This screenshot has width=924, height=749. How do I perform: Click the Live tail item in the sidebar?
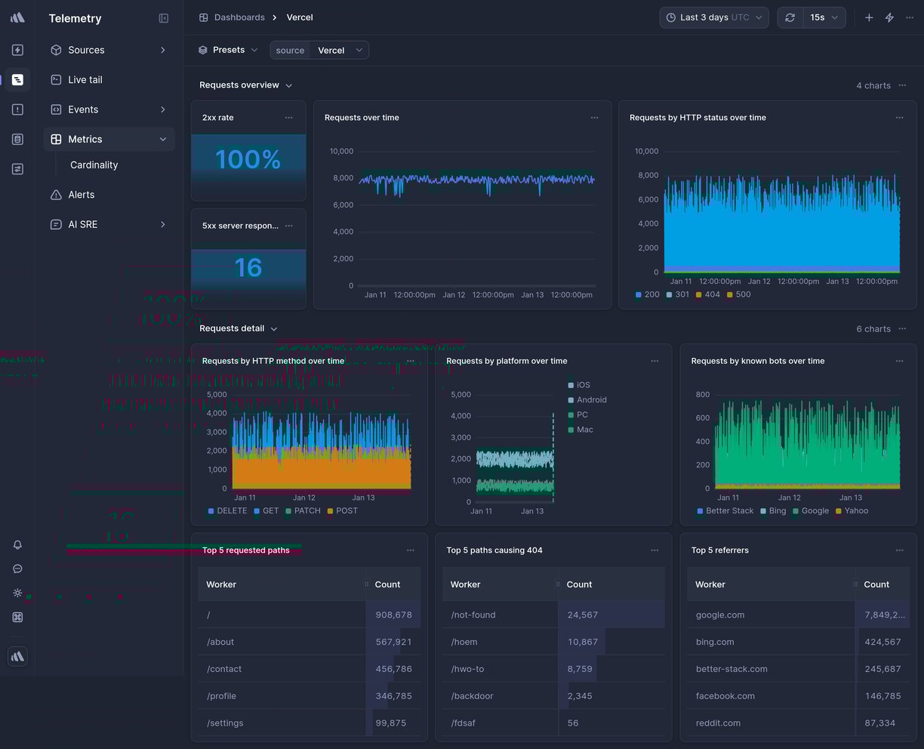pyautogui.click(x=85, y=79)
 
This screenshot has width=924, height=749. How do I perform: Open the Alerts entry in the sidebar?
pyautogui.click(x=81, y=195)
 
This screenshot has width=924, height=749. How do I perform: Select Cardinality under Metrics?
pyautogui.click(x=94, y=165)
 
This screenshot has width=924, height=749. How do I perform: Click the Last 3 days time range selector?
pyautogui.click(x=713, y=17)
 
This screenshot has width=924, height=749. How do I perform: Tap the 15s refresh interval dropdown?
pyautogui.click(x=824, y=17)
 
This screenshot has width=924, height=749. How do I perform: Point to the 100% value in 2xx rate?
pyautogui.click(x=248, y=159)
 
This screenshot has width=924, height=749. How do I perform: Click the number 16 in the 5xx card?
pyautogui.click(x=248, y=267)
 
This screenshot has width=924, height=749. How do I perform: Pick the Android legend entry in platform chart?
pyautogui.click(x=591, y=400)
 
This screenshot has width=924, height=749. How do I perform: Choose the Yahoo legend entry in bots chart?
pyautogui.click(x=855, y=511)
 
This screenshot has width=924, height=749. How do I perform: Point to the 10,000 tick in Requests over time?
pyautogui.click(x=341, y=151)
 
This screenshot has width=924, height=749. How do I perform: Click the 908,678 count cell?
pyautogui.click(x=393, y=615)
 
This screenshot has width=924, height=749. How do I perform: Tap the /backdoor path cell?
pyautogui.click(x=472, y=696)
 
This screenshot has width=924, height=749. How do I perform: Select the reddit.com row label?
pyautogui.click(x=717, y=723)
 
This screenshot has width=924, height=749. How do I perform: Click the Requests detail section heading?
pyautogui.click(x=232, y=328)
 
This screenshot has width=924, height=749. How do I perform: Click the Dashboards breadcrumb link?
pyautogui.click(x=239, y=17)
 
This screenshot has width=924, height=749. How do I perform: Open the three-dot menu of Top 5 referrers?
pyautogui.click(x=899, y=550)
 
